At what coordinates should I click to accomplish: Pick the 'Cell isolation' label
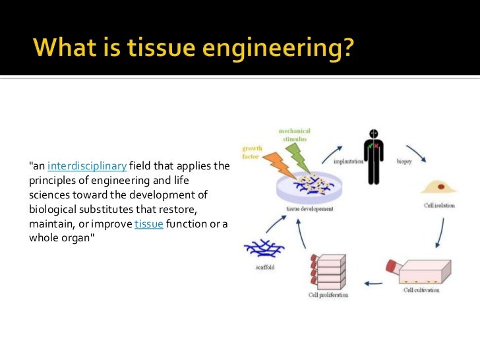pos(439,205)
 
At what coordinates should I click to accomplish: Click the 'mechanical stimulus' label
pos(295,135)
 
